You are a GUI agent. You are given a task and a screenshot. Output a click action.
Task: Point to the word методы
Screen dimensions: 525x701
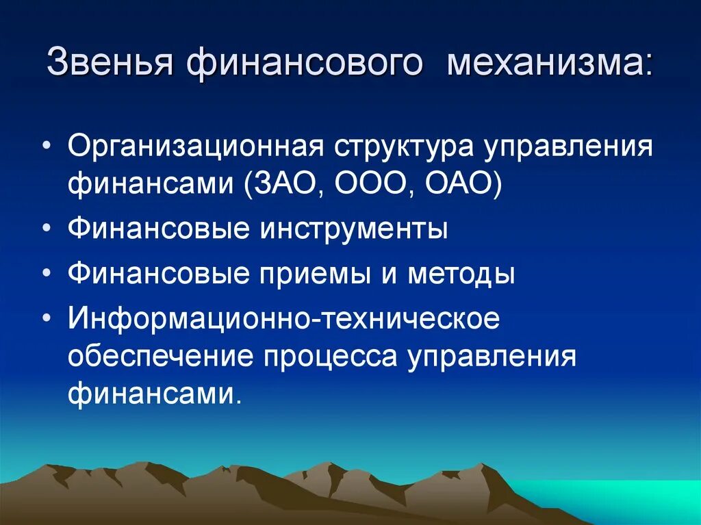tap(461, 274)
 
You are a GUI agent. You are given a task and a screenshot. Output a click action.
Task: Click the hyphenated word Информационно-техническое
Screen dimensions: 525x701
tap(283, 319)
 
